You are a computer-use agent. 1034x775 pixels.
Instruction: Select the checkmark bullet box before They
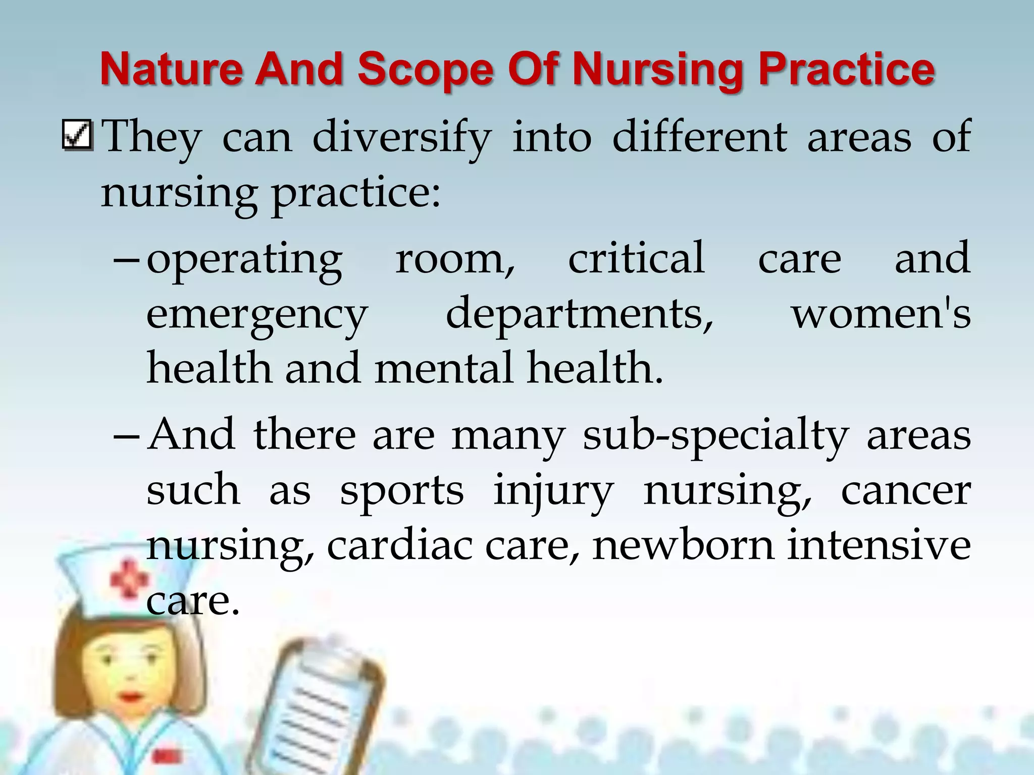click(x=77, y=135)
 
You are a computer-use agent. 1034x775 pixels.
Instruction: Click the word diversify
click(x=401, y=137)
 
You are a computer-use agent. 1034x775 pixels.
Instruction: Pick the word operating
click(x=244, y=259)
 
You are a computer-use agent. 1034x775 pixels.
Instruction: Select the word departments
click(x=580, y=314)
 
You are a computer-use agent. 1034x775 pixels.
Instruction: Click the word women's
click(x=881, y=314)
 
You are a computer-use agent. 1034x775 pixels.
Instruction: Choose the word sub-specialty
click(x=715, y=435)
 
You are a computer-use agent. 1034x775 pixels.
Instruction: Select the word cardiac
click(x=400, y=545)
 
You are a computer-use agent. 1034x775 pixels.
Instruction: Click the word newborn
click(x=683, y=545)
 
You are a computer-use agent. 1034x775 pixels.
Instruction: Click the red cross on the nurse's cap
click(x=128, y=580)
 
